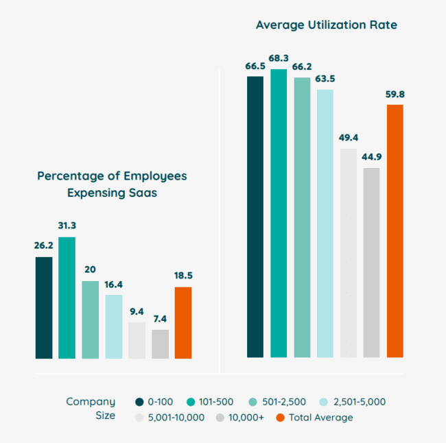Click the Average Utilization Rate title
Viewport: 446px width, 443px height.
326,25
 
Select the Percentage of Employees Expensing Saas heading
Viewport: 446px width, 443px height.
112,184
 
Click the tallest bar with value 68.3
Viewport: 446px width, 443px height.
278,213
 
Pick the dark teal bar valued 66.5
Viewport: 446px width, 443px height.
255,216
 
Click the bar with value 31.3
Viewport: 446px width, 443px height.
67,298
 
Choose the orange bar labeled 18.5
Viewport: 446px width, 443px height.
183,322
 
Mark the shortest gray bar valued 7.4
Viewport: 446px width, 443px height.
160,344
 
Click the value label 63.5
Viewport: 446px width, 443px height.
325,78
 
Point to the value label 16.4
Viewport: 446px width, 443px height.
113,284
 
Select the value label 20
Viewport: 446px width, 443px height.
90,270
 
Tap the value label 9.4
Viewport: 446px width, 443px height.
137,311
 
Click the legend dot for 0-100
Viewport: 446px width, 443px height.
139,402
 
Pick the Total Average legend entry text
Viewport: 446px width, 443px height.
320,417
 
